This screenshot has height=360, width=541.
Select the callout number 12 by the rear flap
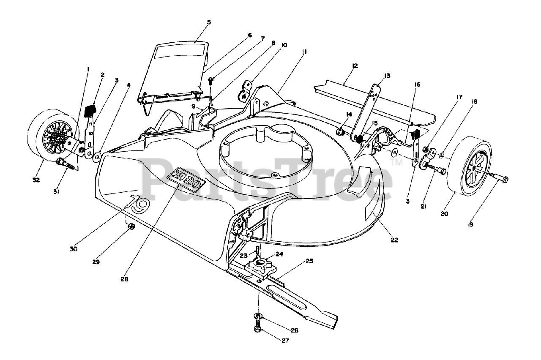click(x=355, y=65)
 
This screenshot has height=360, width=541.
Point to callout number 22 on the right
click(x=394, y=240)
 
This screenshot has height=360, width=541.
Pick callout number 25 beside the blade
click(x=309, y=261)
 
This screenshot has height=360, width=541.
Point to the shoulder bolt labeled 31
click(x=66, y=163)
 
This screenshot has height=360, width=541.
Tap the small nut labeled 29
click(x=131, y=227)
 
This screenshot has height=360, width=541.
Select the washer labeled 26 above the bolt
click(x=258, y=316)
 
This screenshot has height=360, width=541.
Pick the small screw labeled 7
click(x=211, y=79)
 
